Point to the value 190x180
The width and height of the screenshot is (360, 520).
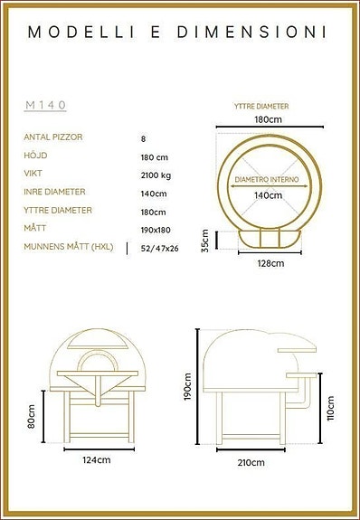(155, 229)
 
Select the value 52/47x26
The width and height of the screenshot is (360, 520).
(159, 247)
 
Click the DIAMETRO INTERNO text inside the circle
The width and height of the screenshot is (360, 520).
(266, 180)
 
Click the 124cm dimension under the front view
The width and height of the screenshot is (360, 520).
(96, 460)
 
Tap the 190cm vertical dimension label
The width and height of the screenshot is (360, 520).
(189, 388)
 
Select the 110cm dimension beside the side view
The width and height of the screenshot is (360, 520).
(330, 410)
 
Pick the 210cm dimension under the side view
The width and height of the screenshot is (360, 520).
(251, 463)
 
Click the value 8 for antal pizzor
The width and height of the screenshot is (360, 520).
(143, 138)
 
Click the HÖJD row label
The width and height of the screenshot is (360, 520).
(34, 156)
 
